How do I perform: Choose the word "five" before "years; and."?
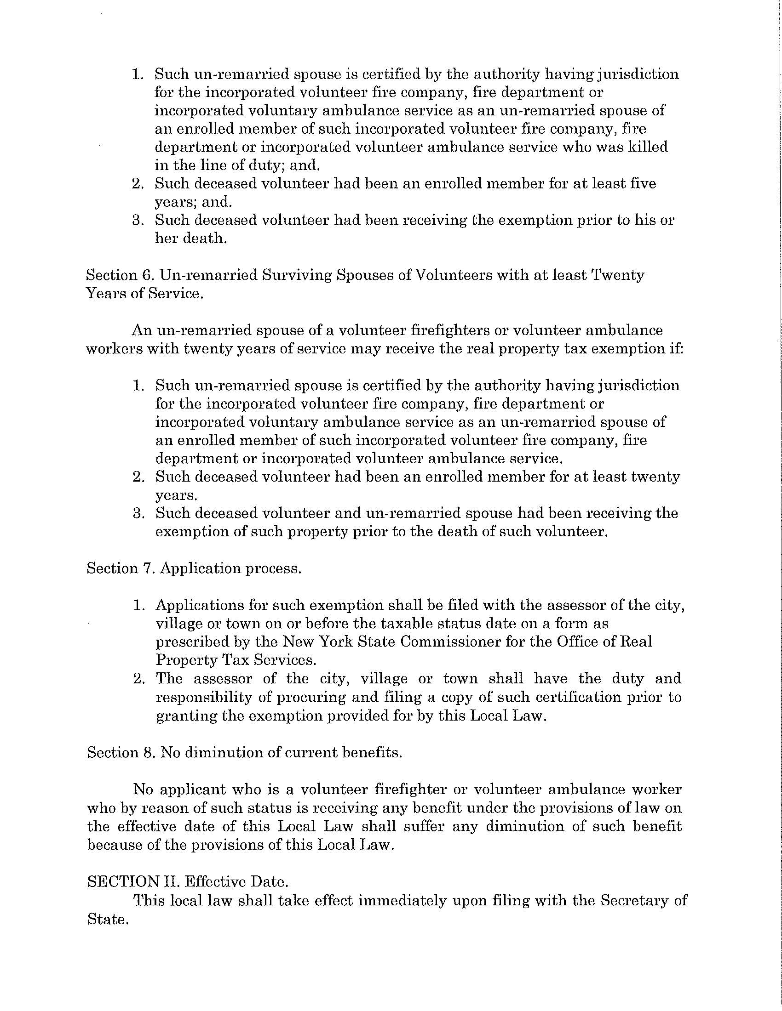(x=644, y=184)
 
